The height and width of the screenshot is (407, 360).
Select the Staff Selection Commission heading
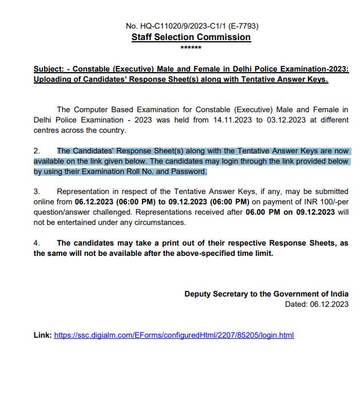(x=191, y=37)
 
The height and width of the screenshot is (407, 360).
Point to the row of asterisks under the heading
(x=191, y=48)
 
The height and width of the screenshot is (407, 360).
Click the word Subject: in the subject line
(x=50, y=69)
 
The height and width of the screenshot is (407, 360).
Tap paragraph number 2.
(x=36, y=151)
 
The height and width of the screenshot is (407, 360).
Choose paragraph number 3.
(x=36, y=191)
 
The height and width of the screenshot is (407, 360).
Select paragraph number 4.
(x=36, y=243)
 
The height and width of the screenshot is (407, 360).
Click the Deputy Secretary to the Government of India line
(x=266, y=294)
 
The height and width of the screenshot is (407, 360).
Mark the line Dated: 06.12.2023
(x=317, y=305)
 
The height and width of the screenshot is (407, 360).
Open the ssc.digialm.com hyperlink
(x=173, y=335)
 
